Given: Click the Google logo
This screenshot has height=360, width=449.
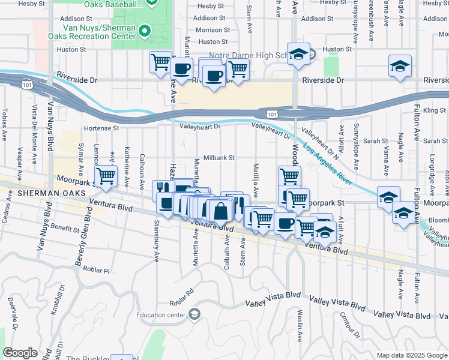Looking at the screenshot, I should [20, 353].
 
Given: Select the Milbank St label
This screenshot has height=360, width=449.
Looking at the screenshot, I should [217, 157].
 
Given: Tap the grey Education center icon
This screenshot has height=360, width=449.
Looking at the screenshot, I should [194, 314].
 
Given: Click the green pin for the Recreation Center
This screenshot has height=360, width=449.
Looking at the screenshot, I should [144, 30].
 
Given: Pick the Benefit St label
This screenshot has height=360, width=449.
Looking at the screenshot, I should [65, 229].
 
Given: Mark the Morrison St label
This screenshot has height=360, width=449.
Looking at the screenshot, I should [212, 30].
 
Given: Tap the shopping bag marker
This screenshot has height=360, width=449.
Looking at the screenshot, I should [221, 212].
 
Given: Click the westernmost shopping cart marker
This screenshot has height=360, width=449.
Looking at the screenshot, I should [106, 176].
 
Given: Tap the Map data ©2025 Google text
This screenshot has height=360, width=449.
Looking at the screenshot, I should [412, 355].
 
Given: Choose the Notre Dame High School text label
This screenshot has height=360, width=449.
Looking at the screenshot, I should [246, 56].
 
